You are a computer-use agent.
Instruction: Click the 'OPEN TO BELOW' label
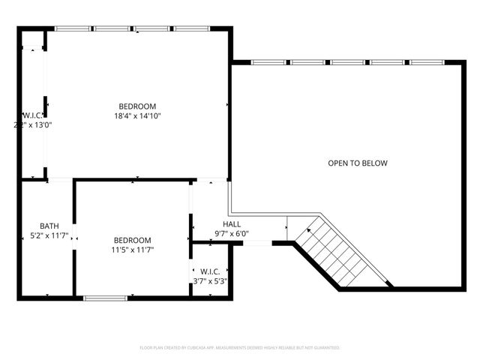pos(357,163)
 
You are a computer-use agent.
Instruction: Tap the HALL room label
pos(232,224)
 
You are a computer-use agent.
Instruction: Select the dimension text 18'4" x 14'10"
pos(138,116)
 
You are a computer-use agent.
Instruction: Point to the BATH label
pos(49,226)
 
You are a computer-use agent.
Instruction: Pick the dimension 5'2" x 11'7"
pos(49,235)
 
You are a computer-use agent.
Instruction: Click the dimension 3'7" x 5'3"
pos(210,281)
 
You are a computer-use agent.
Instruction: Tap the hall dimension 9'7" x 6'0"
pos(232,233)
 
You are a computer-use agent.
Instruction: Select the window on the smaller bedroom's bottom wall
pos(104,298)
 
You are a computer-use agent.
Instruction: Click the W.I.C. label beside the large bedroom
pos(31,115)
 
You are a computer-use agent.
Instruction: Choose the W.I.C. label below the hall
pos(210,271)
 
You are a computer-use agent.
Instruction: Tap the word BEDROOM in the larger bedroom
pos(138,106)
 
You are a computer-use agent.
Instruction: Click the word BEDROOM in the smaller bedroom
pos(133,239)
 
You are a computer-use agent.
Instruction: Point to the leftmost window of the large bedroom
pos(73,28)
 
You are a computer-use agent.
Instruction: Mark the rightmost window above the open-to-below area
pos(428,62)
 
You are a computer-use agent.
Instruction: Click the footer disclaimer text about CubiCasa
pos(240,348)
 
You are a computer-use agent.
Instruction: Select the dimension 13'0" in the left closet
pos(40,125)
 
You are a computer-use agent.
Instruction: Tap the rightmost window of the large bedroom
pos(193,28)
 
